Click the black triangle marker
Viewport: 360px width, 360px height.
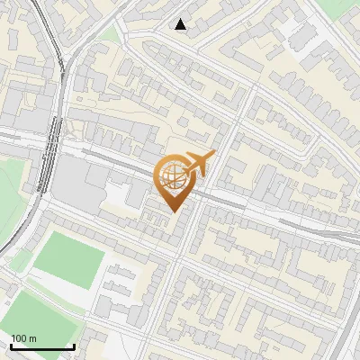click(181, 24)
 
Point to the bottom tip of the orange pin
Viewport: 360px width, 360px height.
click(174, 211)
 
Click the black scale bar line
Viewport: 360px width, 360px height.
click(41, 346)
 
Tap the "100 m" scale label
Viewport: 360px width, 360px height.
click(23, 338)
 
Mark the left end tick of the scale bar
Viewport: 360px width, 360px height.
click(10, 345)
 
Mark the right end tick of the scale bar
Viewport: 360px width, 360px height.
click(74, 345)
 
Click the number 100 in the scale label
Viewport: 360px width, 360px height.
click(19, 338)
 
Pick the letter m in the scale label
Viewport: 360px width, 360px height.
click(33, 338)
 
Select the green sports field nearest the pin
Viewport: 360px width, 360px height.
click(70, 258)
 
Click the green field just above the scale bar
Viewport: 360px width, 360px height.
click(40, 310)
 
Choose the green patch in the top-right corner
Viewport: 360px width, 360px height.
click(342, 8)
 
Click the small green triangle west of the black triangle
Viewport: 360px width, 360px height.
click(110, 33)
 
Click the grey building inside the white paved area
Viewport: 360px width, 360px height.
click(301, 36)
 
